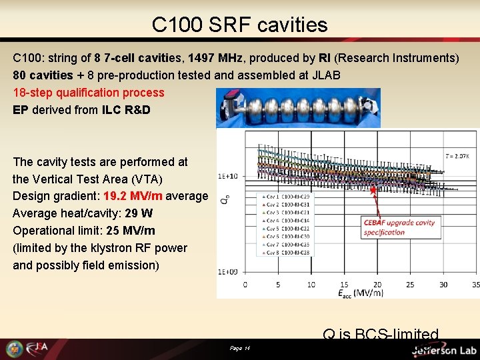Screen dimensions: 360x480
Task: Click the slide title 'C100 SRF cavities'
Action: point(240,25)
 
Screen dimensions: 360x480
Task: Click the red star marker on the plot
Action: point(375,190)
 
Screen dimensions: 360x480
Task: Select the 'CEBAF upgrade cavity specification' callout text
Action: point(399,227)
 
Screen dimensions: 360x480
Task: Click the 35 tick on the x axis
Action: point(475,285)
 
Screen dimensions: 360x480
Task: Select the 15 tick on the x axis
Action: point(344,285)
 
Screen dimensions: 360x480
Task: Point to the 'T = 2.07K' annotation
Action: point(457,156)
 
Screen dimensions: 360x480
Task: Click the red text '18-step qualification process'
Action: point(89,93)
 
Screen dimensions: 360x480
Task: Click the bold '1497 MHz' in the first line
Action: point(213,58)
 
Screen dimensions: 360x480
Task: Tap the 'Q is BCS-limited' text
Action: point(381,334)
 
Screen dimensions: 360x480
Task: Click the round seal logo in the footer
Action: point(14,349)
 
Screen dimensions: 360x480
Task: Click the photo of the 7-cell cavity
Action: point(298,108)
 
